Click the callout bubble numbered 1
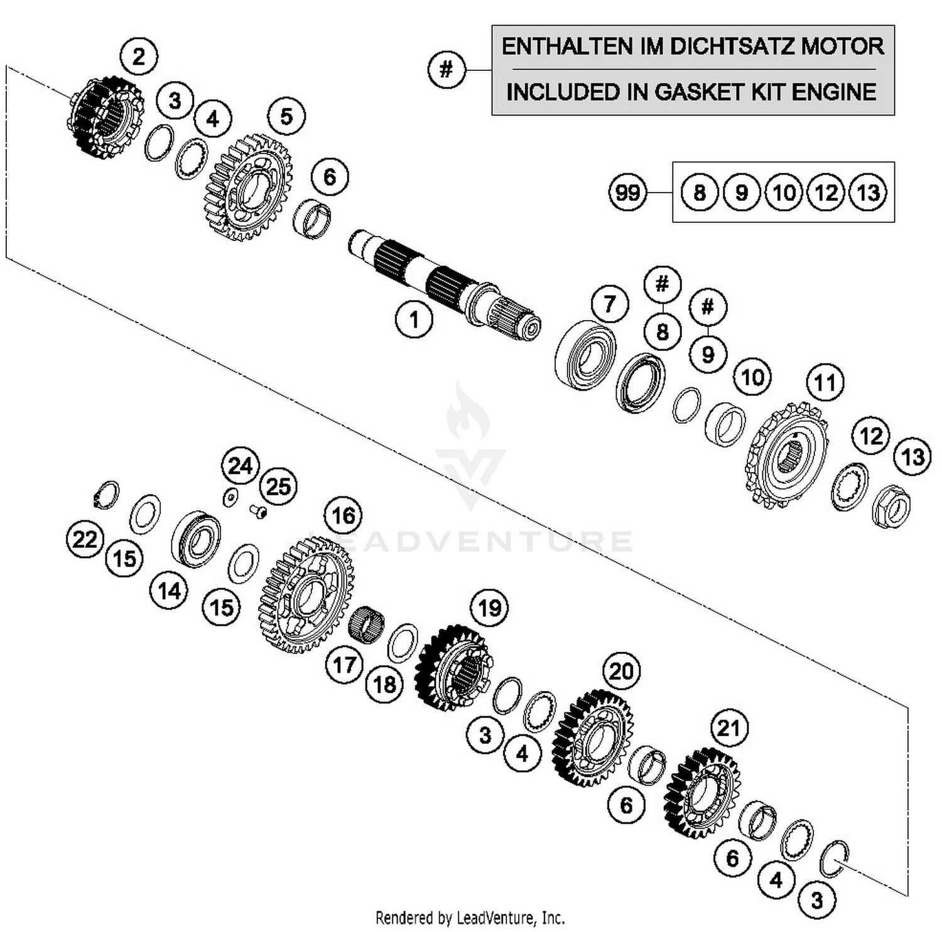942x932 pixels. (x=414, y=320)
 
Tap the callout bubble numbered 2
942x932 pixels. (x=139, y=56)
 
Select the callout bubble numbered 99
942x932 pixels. (x=627, y=192)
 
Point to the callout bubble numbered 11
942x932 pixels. (x=825, y=382)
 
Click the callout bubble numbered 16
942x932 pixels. (x=343, y=515)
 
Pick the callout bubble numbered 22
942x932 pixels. (x=85, y=540)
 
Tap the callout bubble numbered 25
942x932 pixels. (x=278, y=486)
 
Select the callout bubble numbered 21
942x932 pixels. (x=728, y=728)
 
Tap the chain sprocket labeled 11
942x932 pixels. (x=786, y=455)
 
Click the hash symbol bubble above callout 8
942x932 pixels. (x=663, y=284)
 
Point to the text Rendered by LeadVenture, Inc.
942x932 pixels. (x=470, y=918)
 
